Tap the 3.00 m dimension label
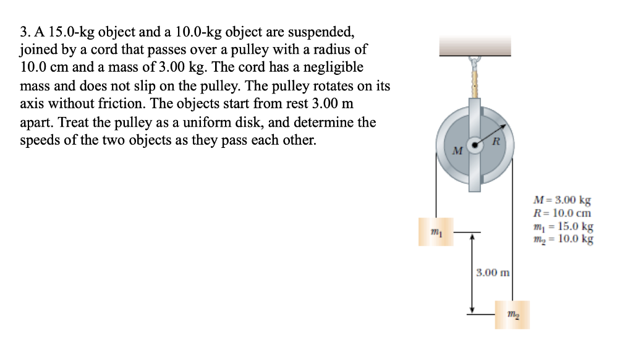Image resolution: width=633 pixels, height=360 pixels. pyautogui.click(x=493, y=272)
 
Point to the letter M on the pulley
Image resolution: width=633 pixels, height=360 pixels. pyautogui.click(x=457, y=151)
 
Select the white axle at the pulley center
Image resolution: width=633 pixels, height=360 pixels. pyautogui.click(x=475, y=145)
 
